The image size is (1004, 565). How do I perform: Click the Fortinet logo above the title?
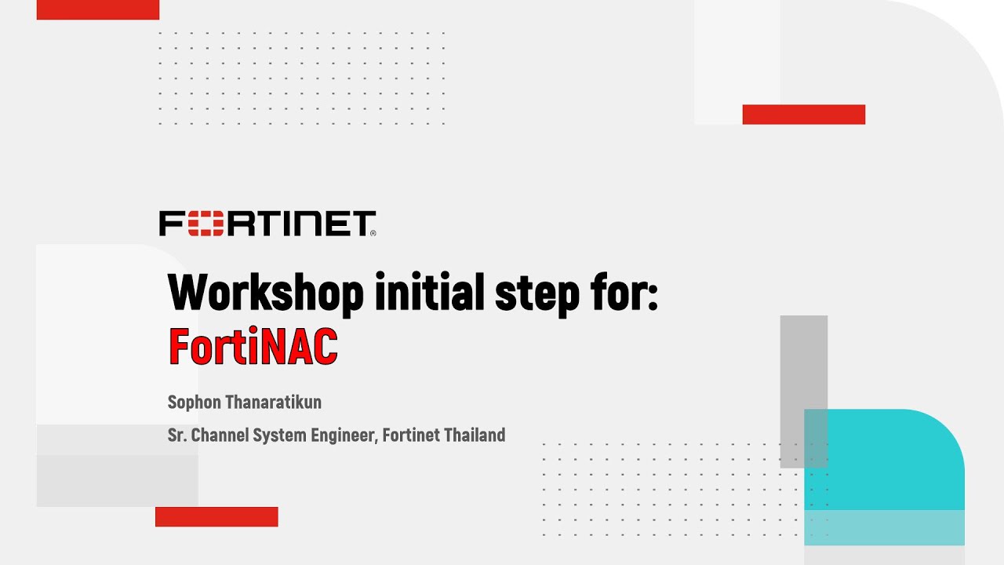[x=267, y=224]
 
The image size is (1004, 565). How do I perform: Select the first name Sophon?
[x=194, y=403]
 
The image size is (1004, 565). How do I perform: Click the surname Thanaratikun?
[x=273, y=403]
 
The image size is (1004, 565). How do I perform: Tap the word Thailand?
[x=475, y=435]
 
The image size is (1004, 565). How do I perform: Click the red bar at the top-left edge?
[x=98, y=9]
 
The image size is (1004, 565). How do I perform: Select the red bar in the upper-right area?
[x=803, y=115]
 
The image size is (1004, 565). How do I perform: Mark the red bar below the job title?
[x=216, y=516]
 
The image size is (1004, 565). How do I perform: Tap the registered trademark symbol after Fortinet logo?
[x=373, y=233]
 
